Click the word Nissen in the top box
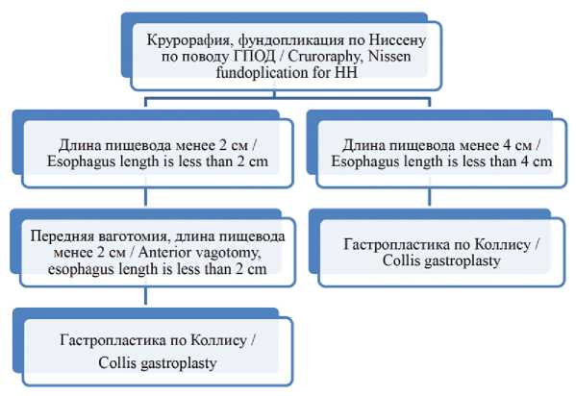point(389,56)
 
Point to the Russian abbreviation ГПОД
point(254,57)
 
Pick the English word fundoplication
point(263,73)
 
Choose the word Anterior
point(165,253)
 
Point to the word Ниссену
point(397,40)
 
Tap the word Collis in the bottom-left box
point(117,363)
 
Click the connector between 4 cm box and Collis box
point(429,197)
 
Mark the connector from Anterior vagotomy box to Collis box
point(146,296)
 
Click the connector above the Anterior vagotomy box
point(146,197)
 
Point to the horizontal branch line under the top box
point(288,98)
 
